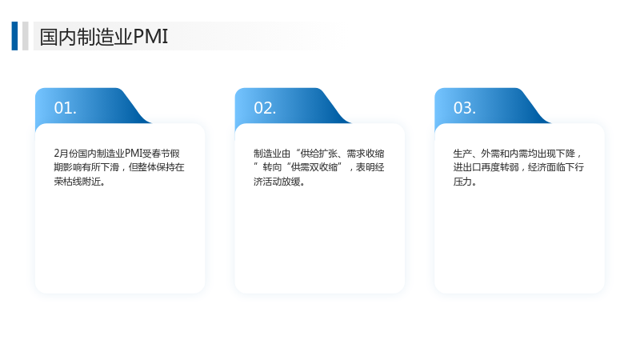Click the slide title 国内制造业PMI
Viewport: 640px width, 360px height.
click(104, 37)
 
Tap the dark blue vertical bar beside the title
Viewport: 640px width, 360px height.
click(14, 36)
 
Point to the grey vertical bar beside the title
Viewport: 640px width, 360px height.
click(26, 36)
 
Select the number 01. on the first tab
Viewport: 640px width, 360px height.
click(66, 108)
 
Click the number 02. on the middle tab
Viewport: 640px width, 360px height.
click(265, 108)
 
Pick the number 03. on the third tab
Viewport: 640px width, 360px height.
click(465, 108)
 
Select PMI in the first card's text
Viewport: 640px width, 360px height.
click(133, 154)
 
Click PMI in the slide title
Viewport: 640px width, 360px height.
click(150, 37)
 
